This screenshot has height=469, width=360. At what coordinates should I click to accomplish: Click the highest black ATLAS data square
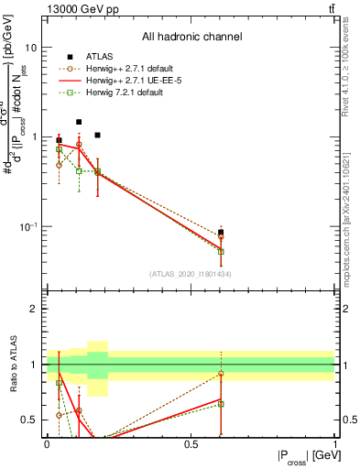[79, 122]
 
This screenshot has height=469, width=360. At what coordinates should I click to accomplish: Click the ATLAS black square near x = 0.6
[221, 233]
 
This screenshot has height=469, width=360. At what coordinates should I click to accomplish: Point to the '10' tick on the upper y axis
[30, 47]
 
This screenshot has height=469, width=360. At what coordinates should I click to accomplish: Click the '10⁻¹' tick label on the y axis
[27, 226]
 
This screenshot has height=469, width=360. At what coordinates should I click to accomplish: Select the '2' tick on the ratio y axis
[34, 309]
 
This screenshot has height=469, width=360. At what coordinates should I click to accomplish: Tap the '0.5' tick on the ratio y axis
[30, 420]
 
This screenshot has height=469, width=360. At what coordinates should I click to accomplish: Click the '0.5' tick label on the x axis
[191, 443]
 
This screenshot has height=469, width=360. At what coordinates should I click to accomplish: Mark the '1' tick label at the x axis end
[334, 443]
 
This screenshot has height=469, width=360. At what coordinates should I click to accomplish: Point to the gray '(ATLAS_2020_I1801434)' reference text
[191, 274]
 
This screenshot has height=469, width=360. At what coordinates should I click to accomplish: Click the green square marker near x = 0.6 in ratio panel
[221, 404]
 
